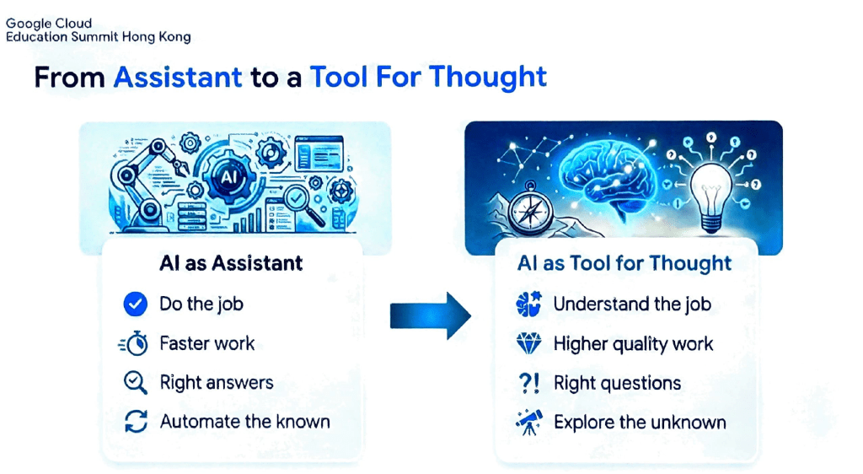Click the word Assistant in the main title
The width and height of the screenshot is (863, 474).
[x=178, y=77]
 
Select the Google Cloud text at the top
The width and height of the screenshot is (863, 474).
[x=49, y=24]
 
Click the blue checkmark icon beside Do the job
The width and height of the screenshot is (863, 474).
[x=135, y=304]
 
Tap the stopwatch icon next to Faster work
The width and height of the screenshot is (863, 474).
[x=134, y=343]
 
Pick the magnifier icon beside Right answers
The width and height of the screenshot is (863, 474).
[x=135, y=383]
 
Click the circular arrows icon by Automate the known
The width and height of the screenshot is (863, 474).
[x=136, y=422]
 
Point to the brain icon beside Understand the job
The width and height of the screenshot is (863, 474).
[x=529, y=304]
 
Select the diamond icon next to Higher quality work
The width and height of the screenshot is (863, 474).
[x=529, y=343]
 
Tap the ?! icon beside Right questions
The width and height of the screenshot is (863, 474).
[x=529, y=383]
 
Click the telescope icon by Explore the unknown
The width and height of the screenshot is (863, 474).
[x=529, y=423]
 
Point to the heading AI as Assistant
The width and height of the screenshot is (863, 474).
[x=231, y=263]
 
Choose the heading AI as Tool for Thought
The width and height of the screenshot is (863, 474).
[x=624, y=263]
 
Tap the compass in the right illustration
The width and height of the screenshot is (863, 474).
[x=530, y=210]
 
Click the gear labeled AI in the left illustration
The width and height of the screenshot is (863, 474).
[x=228, y=177]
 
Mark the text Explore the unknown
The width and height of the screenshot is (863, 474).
[x=640, y=423]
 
